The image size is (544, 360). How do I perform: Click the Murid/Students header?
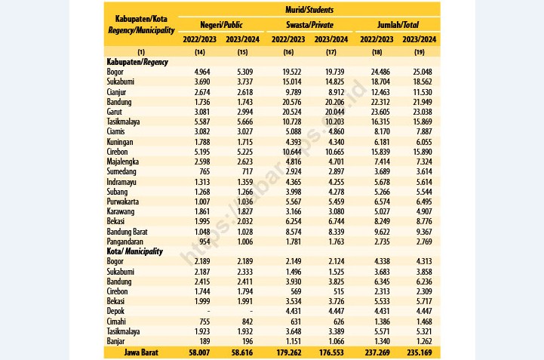coord(309,10)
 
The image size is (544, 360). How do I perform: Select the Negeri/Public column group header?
coord(221,25)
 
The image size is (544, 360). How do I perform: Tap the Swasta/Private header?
coord(309,25)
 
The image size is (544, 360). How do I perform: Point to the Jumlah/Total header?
coord(398,25)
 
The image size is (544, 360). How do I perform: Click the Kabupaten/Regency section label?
coord(137,62)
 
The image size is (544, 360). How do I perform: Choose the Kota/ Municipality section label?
coord(134,251)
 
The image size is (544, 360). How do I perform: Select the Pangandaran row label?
coord(125,242)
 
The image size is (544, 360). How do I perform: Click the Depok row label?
coord(115,311)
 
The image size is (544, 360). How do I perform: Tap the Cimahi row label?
coord(116,322)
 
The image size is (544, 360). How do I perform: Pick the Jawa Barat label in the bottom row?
coord(141,352)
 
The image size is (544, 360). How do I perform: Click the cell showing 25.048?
coord(423,72)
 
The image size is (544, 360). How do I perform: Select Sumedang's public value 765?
coord(204,171)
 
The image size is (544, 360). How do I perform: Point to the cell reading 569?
coord(296,291)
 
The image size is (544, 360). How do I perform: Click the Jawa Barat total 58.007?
coord(199,352)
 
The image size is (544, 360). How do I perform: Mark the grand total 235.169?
coord(420,352)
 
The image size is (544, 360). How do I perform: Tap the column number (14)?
coord(199,52)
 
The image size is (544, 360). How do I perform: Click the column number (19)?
coord(419,52)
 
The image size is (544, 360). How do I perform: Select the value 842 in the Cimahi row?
coord(247,322)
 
